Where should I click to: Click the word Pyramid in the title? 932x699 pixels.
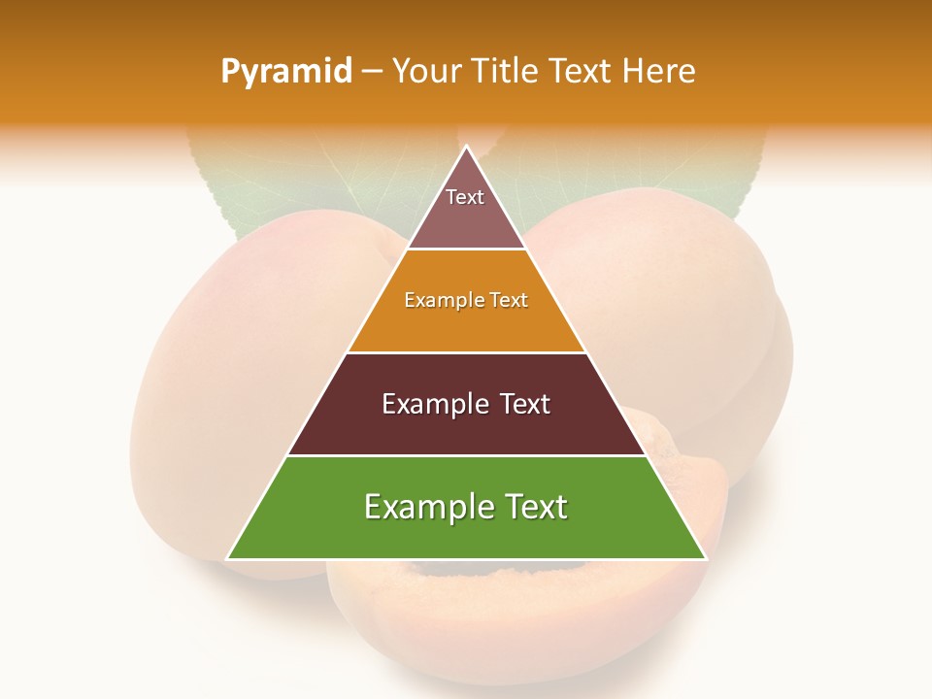pyautogui.click(x=286, y=71)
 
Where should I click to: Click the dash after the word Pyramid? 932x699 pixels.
pyautogui.click(x=372, y=71)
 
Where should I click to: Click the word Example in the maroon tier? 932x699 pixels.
pyautogui.click(x=431, y=404)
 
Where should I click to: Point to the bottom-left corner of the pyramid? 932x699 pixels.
pyautogui.click(x=227, y=559)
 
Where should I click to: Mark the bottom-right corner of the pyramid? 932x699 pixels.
pyautogui.click(x=706, y=559)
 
